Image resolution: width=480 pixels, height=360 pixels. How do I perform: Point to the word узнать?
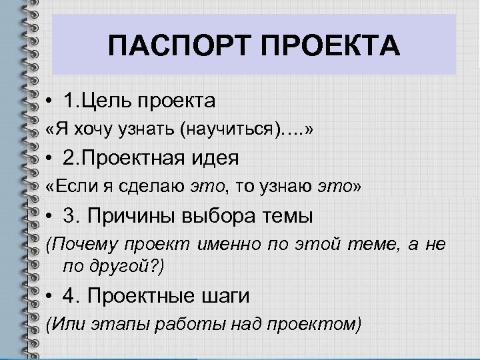point(147,131)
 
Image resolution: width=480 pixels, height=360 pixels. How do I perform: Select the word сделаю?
point(149,187)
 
